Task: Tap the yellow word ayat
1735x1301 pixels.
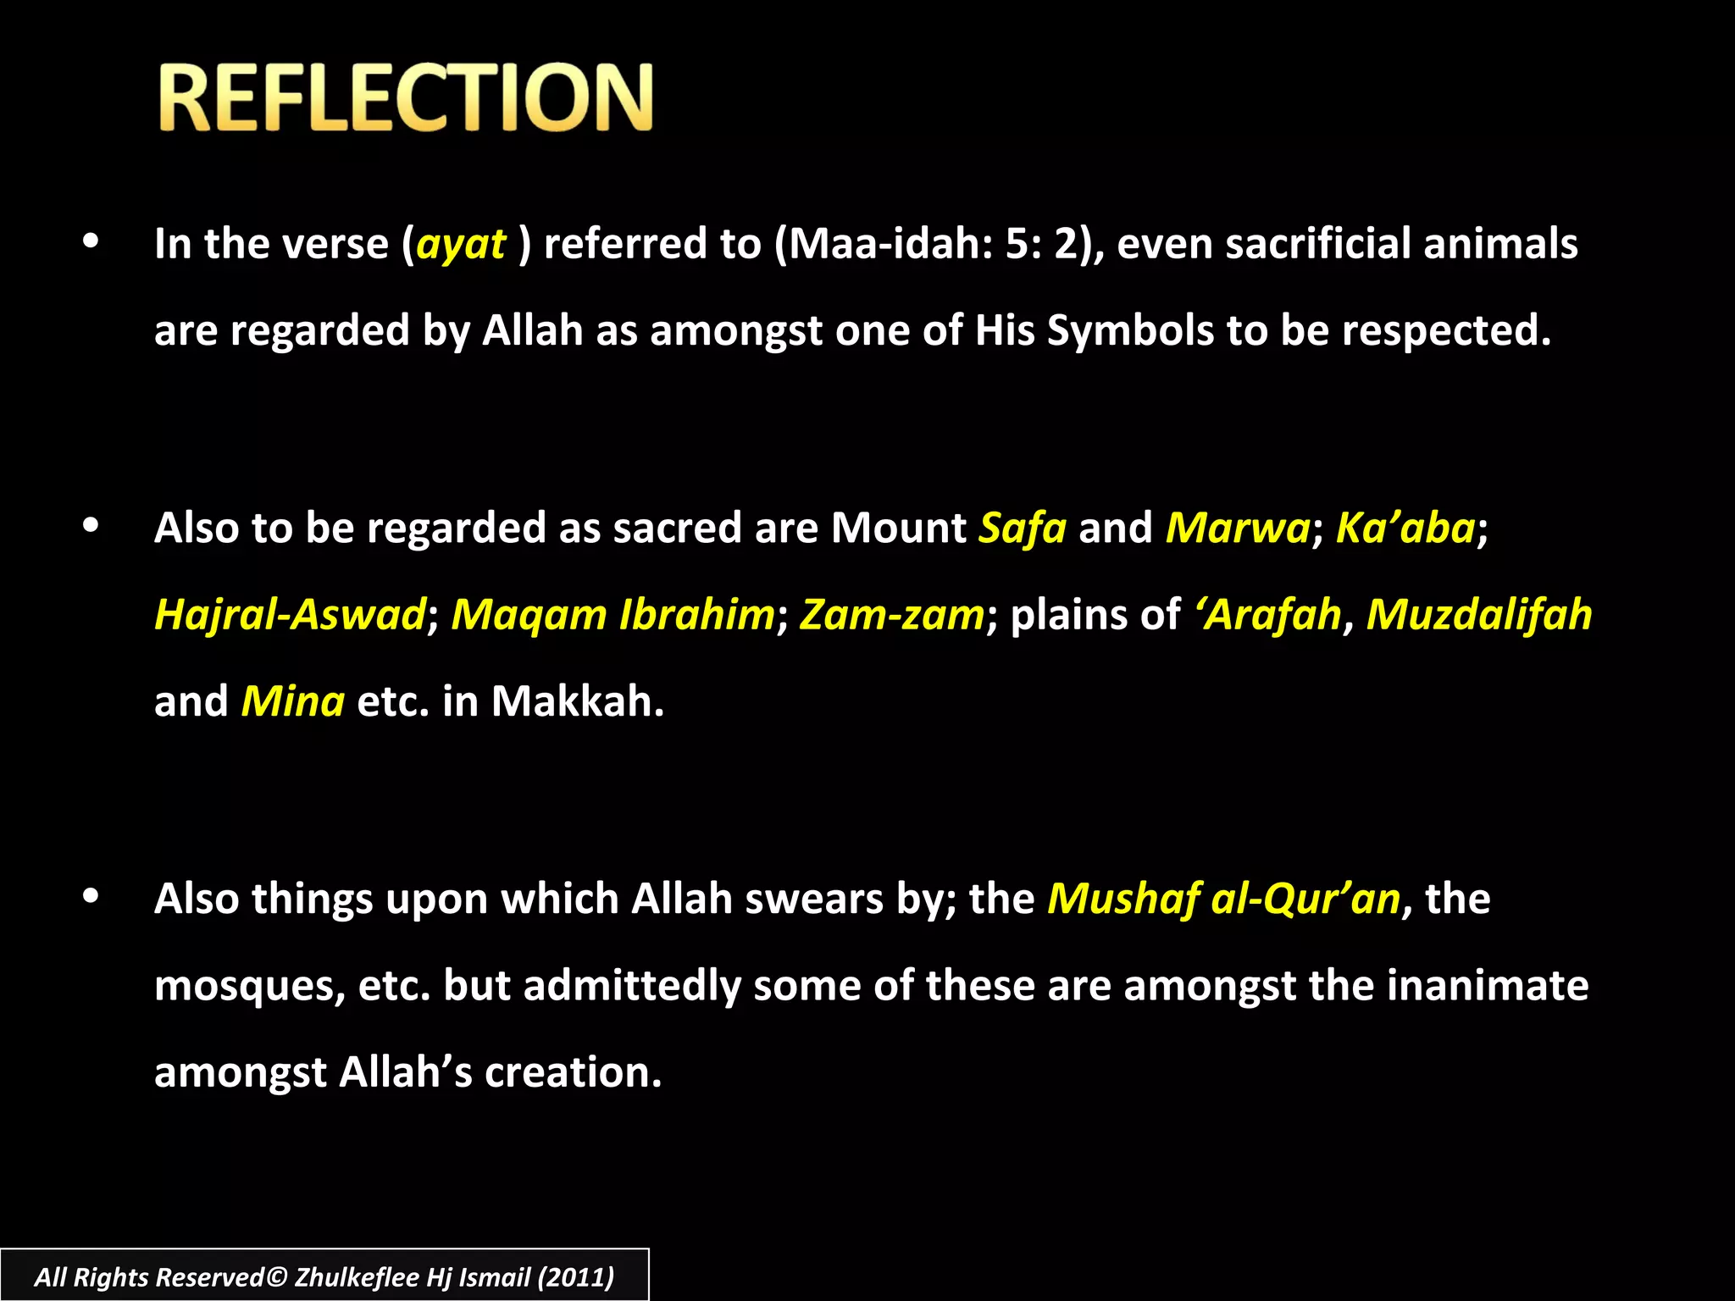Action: (461, 245)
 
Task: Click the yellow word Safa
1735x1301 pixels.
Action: (1023, 529)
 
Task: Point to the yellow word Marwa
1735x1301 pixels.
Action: (1238, 529)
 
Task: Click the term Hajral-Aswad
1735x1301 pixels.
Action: (290, 615)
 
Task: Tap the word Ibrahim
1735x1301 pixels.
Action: (696, 615)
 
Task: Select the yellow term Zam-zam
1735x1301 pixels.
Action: (892, 615)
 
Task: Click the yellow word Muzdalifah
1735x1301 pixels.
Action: (1478, 615)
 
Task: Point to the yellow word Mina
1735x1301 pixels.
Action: (293, 702)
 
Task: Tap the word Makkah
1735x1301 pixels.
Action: (577, 702)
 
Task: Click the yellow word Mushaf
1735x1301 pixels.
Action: (1123, 900)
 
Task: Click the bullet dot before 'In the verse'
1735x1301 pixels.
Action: (91, 242)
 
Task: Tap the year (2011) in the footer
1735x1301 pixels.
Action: (576, 1277)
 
